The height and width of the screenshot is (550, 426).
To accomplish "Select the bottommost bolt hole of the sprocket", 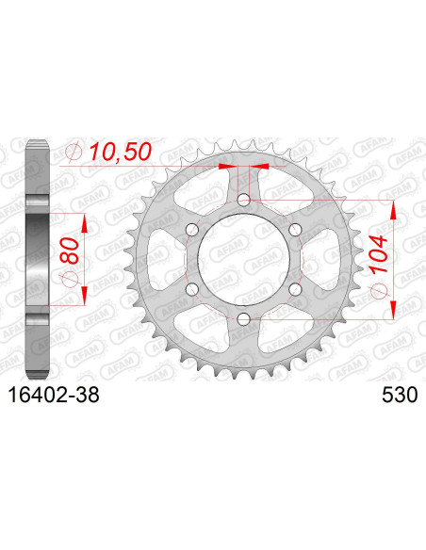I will (x=243, y=320).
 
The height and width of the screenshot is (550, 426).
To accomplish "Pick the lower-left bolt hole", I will (x=191, y=290).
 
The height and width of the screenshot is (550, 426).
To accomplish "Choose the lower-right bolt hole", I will (x=295, y=290).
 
